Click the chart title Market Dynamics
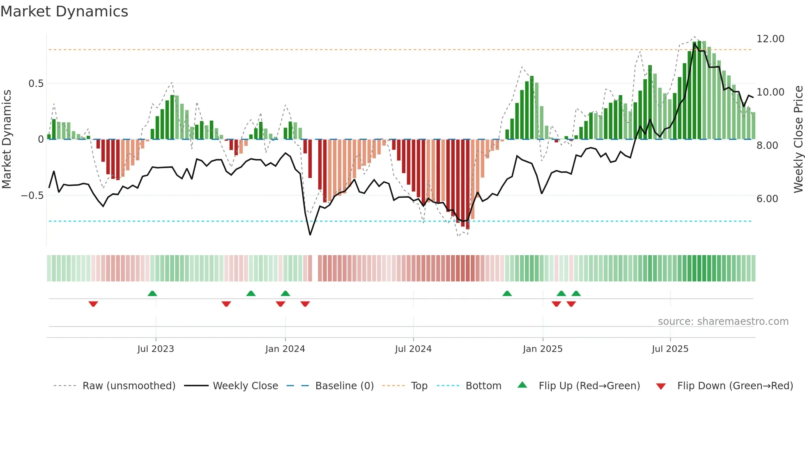pos(64,11)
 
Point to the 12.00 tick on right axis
pos(770,39)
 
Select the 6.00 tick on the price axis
pos(767,199)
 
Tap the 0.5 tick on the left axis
pos(36,84)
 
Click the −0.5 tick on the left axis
pos(32,196)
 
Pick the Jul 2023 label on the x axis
pos(156,349)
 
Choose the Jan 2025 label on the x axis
pos(543,349)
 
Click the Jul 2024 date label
pos(413,349)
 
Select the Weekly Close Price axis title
pos(798,139)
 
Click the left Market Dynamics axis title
pos(7,139)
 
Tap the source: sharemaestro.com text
pos(723,322)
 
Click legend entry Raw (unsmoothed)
pos(129,386)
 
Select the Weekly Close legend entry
pos(245,386)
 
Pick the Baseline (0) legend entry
pos(344,386)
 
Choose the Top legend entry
pos(419,386)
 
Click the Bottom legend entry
pos(483,386)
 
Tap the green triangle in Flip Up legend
pos(522,385)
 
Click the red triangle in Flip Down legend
pos(661,386)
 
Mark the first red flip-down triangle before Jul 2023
pos(93,304)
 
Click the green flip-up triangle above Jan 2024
pos(285,293)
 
